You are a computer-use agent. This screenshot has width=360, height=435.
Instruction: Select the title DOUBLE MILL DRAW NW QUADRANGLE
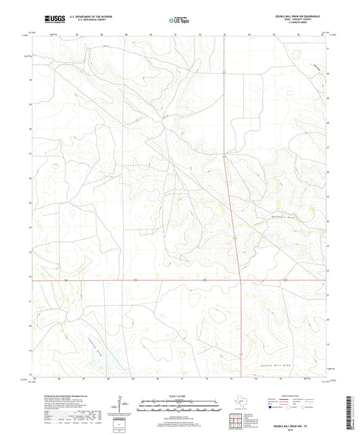(297, 14)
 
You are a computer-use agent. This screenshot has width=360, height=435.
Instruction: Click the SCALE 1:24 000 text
(179, 395)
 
